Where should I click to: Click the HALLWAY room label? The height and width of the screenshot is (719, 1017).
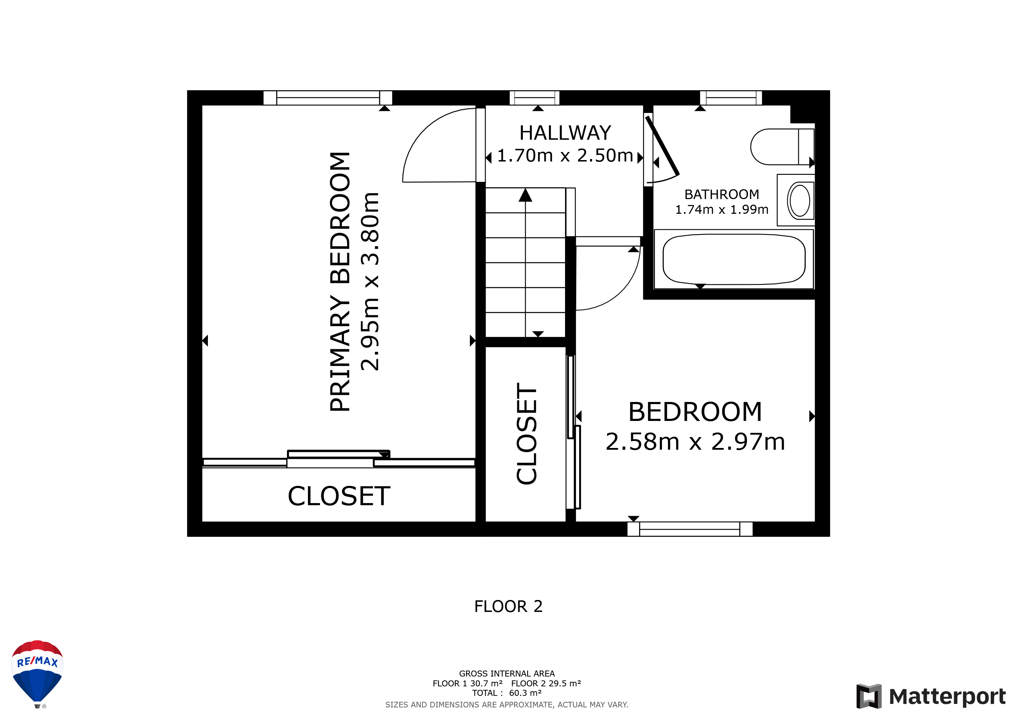click(x=565, y=133)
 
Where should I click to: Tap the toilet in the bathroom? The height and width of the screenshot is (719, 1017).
click(x=782, y=146)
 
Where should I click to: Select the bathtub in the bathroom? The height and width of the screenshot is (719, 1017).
click(x=734, y=259)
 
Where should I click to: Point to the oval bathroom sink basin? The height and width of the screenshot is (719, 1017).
click(x=800, y=200)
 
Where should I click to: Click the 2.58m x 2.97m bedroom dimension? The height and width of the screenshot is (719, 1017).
click(x=695, y=442)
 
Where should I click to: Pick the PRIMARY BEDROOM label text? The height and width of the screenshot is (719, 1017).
click(x=340, y=282)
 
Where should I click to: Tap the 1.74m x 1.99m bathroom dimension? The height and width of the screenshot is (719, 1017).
click(x=722, y=209)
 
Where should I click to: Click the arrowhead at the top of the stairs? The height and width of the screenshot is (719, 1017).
click(x=525, y=195)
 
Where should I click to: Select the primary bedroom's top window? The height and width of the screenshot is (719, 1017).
click(x=328, y=98)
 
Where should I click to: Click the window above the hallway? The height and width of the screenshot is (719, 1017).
click(x=534, y=98)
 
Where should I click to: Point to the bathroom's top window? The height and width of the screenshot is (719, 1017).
click(x=731, y=98)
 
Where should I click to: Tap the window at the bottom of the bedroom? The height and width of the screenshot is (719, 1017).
click(x=690, y=529)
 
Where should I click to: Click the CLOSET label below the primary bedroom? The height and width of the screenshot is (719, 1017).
click(x=339, y=496)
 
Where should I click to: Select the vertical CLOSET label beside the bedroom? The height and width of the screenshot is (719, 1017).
click(x=527, y=434)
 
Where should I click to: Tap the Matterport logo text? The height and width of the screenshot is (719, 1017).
click(x=947, y=697)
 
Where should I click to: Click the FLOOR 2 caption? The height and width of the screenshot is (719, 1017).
click(x=508, y=606)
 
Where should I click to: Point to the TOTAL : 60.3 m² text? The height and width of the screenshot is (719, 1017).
click(x=507, y=693)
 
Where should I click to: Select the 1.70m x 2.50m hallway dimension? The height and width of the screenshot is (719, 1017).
click(x=565, y=156)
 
